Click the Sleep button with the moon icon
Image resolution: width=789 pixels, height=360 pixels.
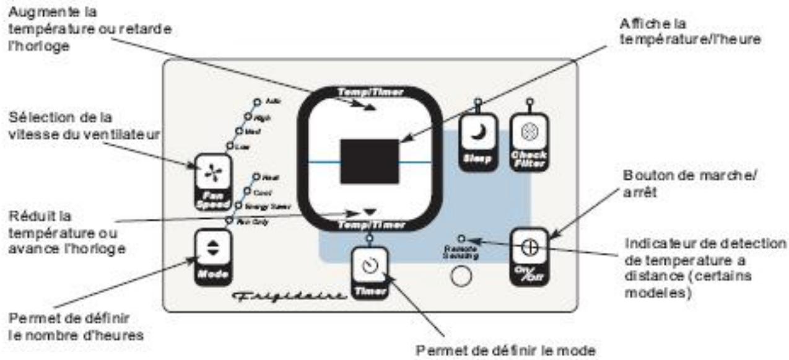(476, 142)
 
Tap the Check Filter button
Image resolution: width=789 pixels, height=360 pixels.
(528, 142)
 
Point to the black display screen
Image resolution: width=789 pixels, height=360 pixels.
(369, 161)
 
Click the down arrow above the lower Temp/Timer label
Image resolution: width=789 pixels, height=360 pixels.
(370, 213)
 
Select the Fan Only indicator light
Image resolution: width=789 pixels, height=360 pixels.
(229, 220)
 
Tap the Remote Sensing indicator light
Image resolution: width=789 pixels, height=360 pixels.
(461, 238)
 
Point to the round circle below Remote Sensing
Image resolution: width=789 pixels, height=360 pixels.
(460, 276)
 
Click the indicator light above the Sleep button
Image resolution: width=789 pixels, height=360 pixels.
(476, 102)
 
